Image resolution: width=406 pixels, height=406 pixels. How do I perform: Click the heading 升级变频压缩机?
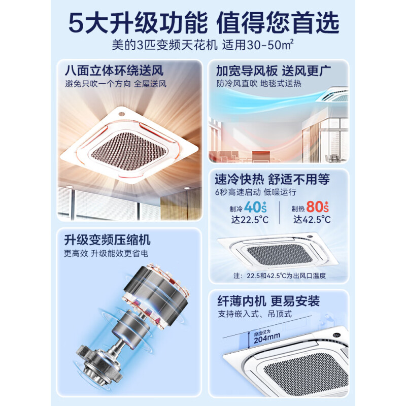[x=107, y=240]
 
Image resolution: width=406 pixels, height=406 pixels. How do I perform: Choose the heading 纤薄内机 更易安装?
[x=267, y=301]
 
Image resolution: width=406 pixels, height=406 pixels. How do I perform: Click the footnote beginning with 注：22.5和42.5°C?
[x=279, y=276]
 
